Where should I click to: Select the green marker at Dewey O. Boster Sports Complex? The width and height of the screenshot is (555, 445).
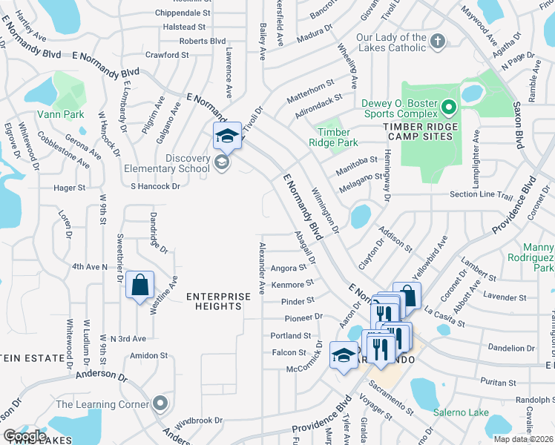[449, 109]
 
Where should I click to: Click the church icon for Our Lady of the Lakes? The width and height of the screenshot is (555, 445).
[439, 42]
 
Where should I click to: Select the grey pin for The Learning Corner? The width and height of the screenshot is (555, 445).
[160, 404]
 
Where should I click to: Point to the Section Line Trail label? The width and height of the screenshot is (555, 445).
[482, 195]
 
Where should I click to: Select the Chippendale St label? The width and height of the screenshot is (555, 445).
[183, 13]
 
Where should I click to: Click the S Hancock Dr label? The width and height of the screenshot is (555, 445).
[155, 186]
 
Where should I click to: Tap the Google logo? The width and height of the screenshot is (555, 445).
[24, 436]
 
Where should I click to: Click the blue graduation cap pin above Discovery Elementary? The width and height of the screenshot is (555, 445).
[228, 136]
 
